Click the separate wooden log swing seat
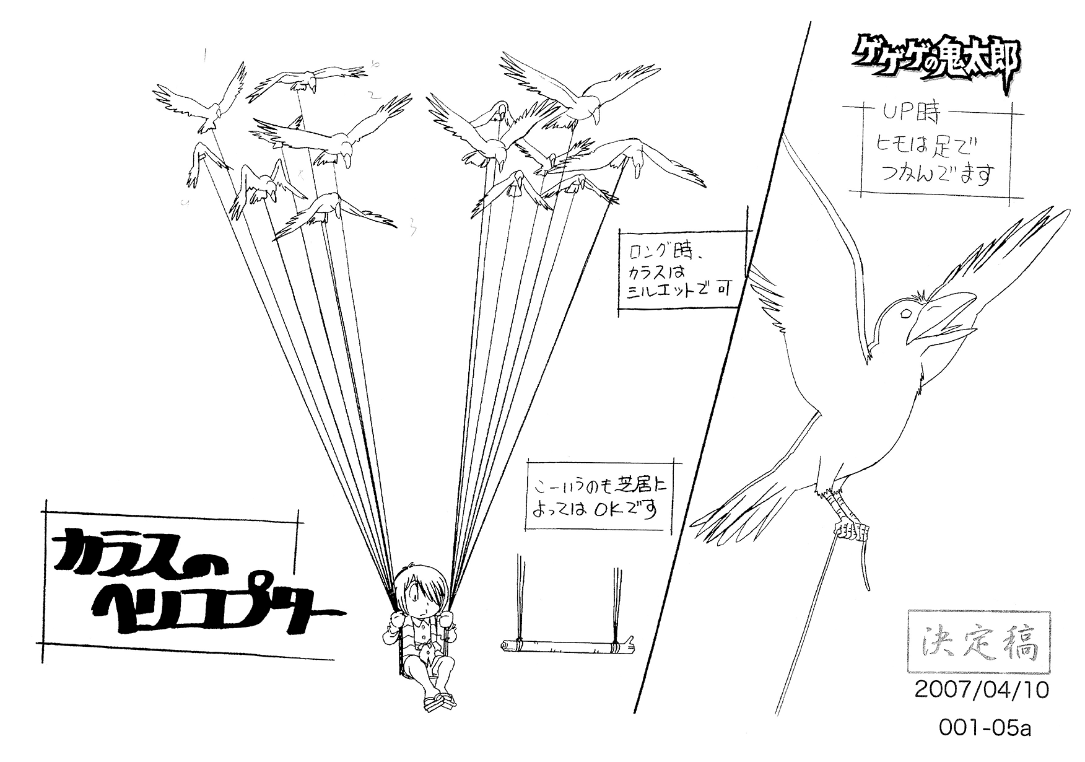(x=567, y=646)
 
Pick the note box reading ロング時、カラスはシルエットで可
(x=679, y=271)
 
